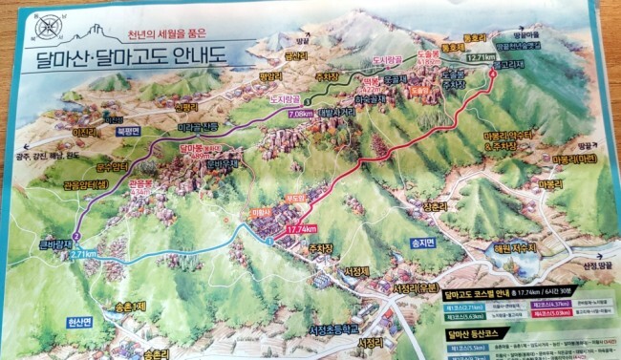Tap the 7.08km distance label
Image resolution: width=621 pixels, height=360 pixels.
click(299, 115)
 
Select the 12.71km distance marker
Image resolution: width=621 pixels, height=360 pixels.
click(482, 58)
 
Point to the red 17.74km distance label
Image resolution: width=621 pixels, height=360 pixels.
click(301, 228)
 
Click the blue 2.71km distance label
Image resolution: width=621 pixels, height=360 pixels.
click(85, 255)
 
